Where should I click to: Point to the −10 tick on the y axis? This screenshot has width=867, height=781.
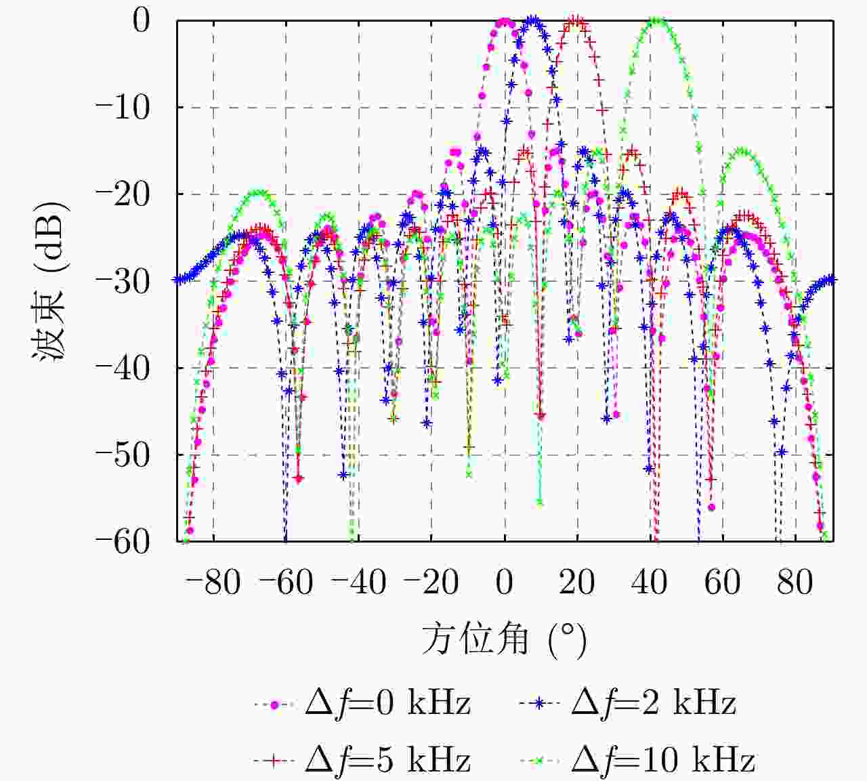pyautogui.click(x=122, y=107)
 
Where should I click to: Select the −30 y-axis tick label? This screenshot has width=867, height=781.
pyautogui.click(x=122, y=280)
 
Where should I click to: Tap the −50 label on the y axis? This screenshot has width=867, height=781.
pyautogui.click(x=122, y=455)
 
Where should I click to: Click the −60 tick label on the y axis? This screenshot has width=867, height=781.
pyautogui.click(x=122, y=541)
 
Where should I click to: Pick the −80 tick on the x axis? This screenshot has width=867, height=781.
pyautogui.click(x=213, y=582)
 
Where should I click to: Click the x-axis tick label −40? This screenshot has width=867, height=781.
pyautogui.click(x=358, y=582)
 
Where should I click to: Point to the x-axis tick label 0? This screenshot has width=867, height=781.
pyautogui.click(x=504, y=582)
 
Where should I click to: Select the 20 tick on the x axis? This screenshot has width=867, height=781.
pyautogui.click(x=576, y=582)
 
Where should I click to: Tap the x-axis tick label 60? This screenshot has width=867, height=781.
pyautogui.click(x=722, y=582)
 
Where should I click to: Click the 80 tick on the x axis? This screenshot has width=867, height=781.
pyautogui.click(x=795, y=582)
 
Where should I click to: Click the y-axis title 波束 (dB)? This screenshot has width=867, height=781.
pyautogui.click(x=50, y=280)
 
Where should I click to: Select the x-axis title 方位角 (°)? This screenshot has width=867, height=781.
pyautogui.click(x=504, y=639)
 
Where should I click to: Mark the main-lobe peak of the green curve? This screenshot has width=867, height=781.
pyautogui.click(x=656, y=21)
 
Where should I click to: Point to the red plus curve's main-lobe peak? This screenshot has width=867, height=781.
pyautogui.click(x=576, y=21)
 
